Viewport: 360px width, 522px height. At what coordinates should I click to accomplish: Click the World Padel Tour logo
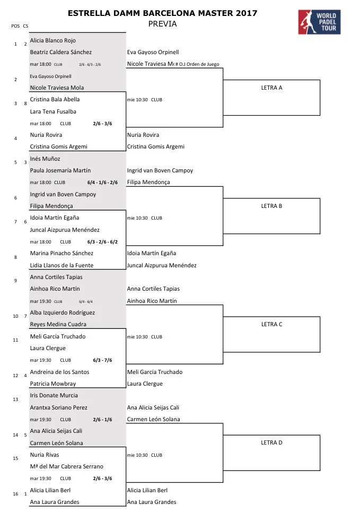(x=319, y=21)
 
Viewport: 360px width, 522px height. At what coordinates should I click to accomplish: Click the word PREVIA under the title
(x=162, y=24)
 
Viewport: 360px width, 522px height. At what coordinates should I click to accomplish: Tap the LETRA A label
(x=271, y=88)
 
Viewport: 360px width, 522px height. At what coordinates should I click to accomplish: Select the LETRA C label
(x=271, y=324)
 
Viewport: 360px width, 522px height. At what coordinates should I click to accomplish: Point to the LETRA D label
(x=271, y=442)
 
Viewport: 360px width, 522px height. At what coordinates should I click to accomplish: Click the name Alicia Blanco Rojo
(x=53, y=40)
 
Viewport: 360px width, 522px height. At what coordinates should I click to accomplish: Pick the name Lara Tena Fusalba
(x=53, y=111)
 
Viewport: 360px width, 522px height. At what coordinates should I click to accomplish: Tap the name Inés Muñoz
(x=45, y=159)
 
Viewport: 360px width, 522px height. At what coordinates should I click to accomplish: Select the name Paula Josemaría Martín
(x=60, y=170)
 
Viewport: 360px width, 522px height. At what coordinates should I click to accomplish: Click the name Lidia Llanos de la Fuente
(x=62, y=265)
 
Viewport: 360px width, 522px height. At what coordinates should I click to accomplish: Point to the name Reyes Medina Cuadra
(x=58, y=324)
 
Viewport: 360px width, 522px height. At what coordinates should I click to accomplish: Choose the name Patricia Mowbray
(x=53, y=384)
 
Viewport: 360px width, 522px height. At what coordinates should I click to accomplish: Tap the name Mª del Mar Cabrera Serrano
(x=67, y=466)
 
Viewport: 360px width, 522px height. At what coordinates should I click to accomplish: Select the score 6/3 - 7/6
(x=102, y=360)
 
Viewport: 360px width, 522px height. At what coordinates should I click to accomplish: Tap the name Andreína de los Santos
(x=59, y=372)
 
